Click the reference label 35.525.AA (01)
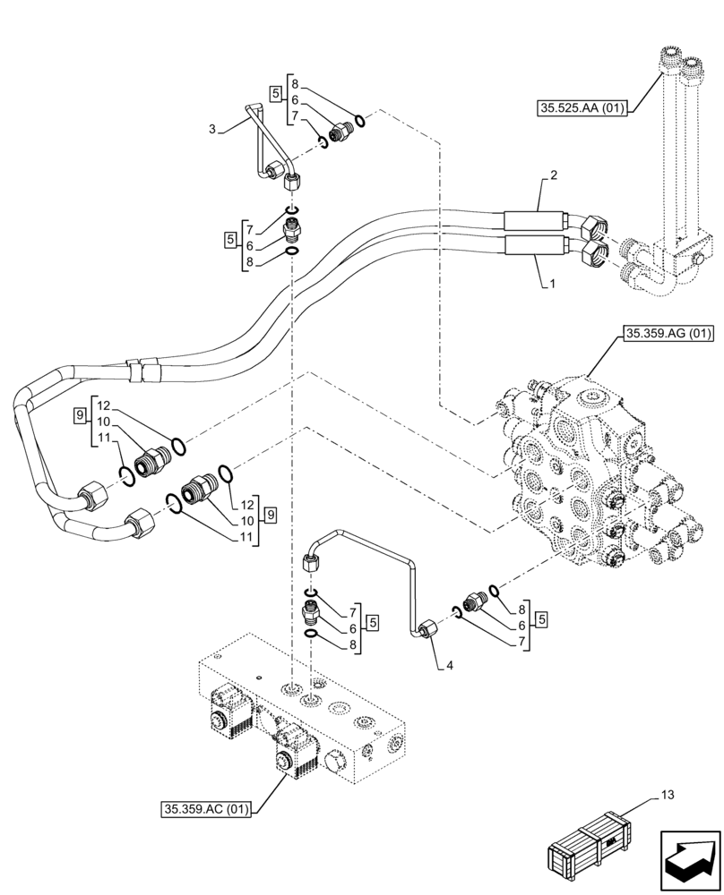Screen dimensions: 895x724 pos(582,109)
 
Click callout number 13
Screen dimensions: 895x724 pos(667,794)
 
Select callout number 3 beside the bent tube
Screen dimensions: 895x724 pos(211,129)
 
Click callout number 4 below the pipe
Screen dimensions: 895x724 pos(437,666)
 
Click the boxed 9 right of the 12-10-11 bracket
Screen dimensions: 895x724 pos(270,515)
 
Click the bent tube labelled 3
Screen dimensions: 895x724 pos(259,143)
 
